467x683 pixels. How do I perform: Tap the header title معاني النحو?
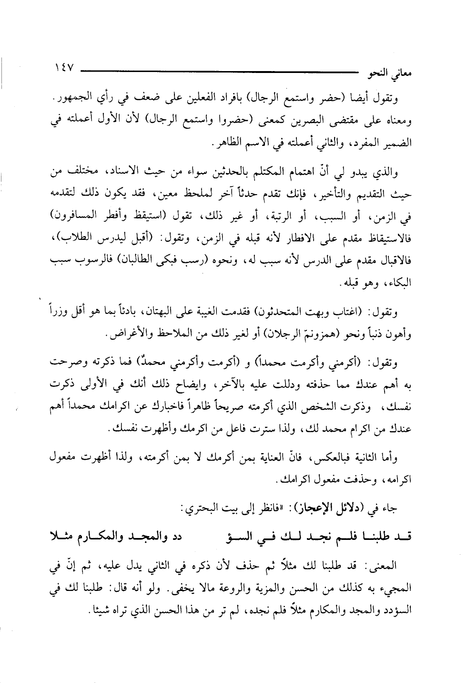[x=390, y=76]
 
